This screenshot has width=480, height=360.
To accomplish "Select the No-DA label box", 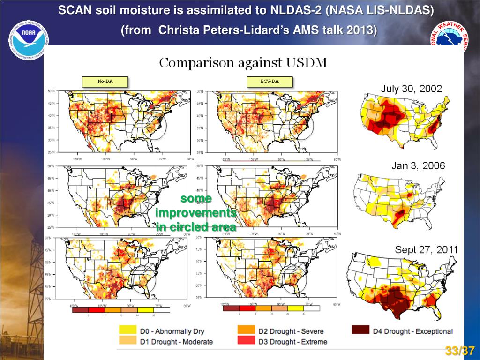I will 105,82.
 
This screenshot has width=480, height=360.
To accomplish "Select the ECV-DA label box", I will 270,82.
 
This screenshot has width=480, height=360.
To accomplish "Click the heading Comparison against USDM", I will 243,63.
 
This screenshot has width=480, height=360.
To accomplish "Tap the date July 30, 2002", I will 411,89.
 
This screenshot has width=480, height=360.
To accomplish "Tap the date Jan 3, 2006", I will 418,165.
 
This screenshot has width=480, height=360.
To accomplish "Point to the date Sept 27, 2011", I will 426,250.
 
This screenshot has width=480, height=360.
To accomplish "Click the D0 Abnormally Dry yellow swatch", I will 127,331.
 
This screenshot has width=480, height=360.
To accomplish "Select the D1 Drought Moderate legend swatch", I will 127,342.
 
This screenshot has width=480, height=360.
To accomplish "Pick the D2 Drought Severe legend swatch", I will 247,331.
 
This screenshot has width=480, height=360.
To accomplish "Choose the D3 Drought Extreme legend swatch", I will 247,342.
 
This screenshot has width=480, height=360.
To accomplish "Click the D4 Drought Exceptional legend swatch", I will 360,331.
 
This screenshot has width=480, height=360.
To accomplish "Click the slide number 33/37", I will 460,351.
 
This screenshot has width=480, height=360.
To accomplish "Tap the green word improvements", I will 196,213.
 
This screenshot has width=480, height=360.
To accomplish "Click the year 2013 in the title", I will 361,30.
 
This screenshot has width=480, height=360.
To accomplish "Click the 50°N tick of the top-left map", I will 51,90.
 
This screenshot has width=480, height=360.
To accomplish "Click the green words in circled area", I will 196,227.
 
